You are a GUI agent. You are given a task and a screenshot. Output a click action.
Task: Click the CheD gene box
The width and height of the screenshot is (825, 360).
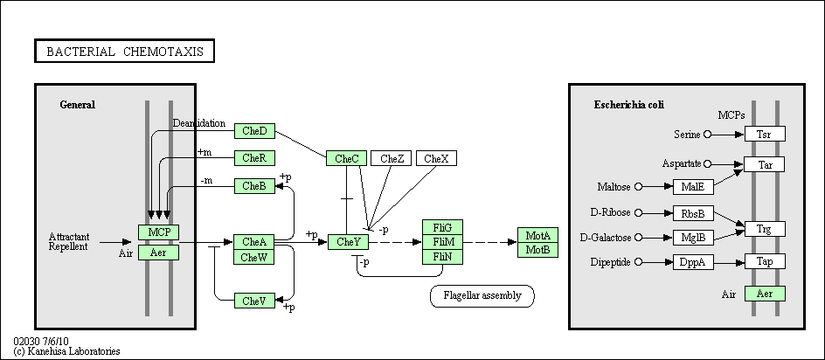click(x=254, y=131)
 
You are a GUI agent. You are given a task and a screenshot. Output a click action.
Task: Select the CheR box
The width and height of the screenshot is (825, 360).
click(x=254, y=158)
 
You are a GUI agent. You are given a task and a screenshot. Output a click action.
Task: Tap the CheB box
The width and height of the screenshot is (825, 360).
click(x=254, y=186)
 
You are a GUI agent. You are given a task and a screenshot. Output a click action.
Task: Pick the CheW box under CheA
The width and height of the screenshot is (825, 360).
click(x=254, y=258)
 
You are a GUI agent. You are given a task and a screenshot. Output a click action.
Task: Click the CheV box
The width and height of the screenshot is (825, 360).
click(x=254, y=301)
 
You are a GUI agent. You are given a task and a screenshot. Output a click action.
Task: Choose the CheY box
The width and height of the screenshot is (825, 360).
click(x=348, y=242)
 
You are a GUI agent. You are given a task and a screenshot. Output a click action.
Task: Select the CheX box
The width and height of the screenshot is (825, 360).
click(x=437, y=158)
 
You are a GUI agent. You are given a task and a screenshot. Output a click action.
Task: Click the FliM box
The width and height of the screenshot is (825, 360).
click(x=442, y=242)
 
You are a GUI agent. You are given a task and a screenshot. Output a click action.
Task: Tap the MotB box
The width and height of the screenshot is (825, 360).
click(x=537, y=250)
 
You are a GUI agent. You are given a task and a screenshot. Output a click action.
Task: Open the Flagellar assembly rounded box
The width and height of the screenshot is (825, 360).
click(x=482, y=296)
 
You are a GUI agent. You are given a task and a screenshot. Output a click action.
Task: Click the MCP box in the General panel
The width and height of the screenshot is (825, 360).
click(x=158, y=232)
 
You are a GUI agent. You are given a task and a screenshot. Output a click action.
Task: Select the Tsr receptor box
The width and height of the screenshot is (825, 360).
click(x=765, y=134)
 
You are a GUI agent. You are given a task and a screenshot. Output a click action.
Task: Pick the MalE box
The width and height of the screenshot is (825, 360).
click(x=693, y=187)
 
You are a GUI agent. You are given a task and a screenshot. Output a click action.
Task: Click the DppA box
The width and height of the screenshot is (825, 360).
click(x=693, y=262)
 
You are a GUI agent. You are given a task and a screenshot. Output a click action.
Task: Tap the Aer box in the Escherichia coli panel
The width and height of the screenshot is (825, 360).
click(x=765, y=294)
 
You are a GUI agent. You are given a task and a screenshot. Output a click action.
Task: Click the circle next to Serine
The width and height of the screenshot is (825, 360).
click(x=707, y=135)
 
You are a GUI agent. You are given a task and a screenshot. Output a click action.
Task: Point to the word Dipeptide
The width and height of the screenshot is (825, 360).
click(x=610, y=262)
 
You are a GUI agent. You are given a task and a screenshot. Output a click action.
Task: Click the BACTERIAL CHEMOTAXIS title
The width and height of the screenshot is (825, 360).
click(x=125, y=51)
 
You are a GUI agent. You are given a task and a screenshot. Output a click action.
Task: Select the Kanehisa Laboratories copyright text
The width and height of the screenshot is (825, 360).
click(x=66, y=351)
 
